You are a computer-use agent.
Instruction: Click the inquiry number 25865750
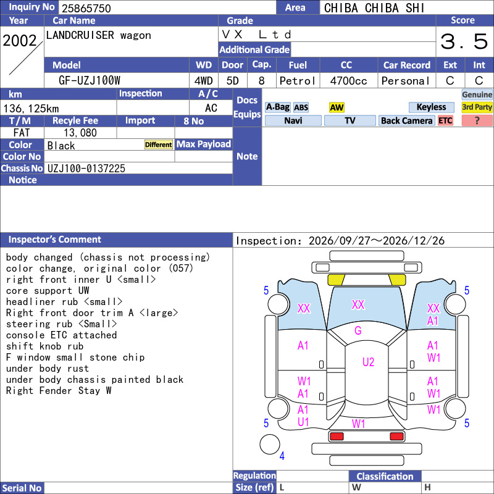86,8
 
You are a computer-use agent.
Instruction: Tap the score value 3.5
464,41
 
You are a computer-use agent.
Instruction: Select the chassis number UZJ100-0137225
86,169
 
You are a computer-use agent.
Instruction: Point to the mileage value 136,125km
31,109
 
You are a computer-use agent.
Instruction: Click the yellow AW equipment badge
337,107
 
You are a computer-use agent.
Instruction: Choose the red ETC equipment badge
445,120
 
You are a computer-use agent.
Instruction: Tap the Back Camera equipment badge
406,120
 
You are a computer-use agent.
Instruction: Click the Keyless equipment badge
431,107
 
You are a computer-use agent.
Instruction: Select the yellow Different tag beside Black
159,144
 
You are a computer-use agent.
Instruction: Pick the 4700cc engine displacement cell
348,81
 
